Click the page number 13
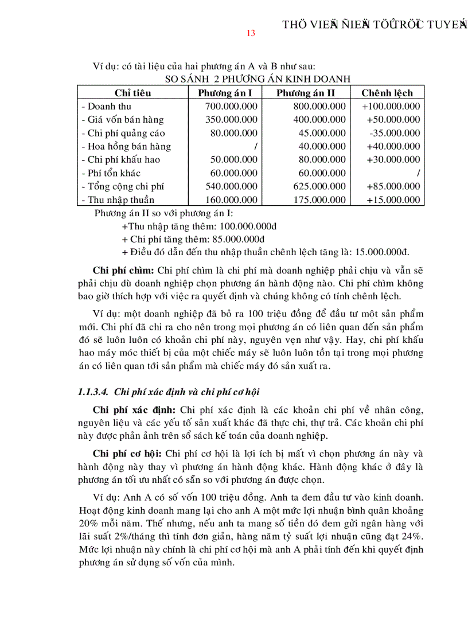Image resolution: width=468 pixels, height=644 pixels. click(251, 33)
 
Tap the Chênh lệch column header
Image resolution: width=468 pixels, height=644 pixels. click(387, 93)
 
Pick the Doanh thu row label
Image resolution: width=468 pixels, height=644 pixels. click(107, 106)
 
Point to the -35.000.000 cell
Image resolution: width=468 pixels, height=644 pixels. click(395, 133)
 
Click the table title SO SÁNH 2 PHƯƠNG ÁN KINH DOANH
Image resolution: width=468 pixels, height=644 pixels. click(250, 79)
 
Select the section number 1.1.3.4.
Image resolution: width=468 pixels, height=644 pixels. click(93, 392)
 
